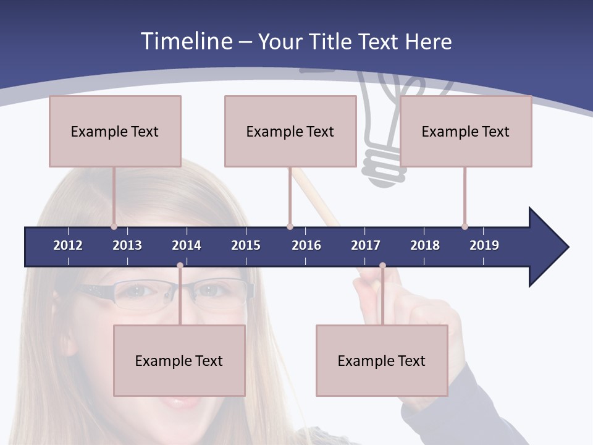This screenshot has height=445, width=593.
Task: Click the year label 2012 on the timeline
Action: tap(68, 245)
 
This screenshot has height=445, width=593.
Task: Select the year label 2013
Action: tap(127, 245)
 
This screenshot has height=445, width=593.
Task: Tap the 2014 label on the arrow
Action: tap(187, 245)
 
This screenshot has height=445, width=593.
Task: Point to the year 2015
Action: tap(246, 245)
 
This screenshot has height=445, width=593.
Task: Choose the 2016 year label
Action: tap(306, 245)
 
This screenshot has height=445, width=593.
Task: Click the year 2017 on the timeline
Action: tap(366, 245)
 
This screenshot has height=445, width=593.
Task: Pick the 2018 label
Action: tap(425, 245)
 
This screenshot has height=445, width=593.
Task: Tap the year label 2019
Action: tap(484, 245)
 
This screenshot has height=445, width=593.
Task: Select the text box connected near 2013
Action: tap(115, 131)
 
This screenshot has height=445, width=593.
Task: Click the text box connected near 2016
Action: tap(290, 131)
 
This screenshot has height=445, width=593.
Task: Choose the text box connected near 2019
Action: tap(466, 131)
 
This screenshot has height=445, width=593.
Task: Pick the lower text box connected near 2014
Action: tap(179, 360)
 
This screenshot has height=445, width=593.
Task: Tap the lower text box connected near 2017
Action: tap(382, 360)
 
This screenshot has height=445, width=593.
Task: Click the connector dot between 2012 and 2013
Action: tap(114, 226)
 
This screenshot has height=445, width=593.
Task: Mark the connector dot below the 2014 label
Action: tap(180, 266)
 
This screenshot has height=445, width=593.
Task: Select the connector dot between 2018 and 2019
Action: tap(465, 226)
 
